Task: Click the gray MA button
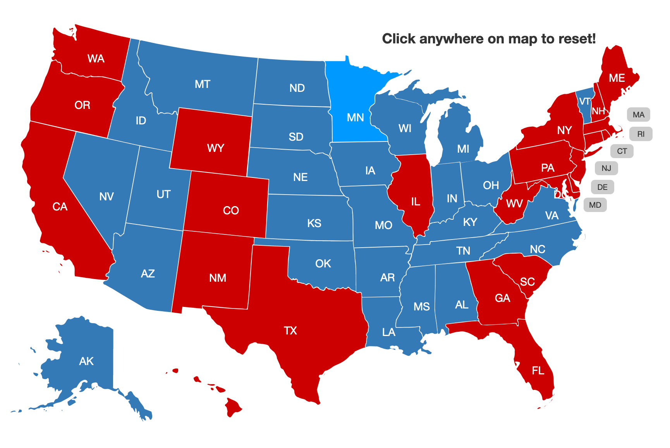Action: tap(638, 115)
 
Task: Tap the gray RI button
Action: tap(641, 134)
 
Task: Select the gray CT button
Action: tap(622, 151)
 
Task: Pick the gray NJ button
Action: tap(606, 168)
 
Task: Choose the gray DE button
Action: tap(602, 187)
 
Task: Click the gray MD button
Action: tap(595, 205)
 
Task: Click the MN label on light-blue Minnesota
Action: tap(355, 117)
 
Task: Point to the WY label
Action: tap(216, 148)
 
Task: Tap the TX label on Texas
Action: tap(290, 331)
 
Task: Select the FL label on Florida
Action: tap(538, 371)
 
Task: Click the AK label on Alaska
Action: tap(86, 361)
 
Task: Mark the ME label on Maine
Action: tap(617, 78)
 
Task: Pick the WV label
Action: tap(514, 204)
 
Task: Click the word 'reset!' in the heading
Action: tap(577, 39)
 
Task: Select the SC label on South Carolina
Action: tap(527, 282)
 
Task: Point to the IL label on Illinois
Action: tap(416, 202)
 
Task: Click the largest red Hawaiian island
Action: tap(233, 407)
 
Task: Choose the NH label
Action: tap(598, 112)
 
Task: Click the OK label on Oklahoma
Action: tap(323, 264)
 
